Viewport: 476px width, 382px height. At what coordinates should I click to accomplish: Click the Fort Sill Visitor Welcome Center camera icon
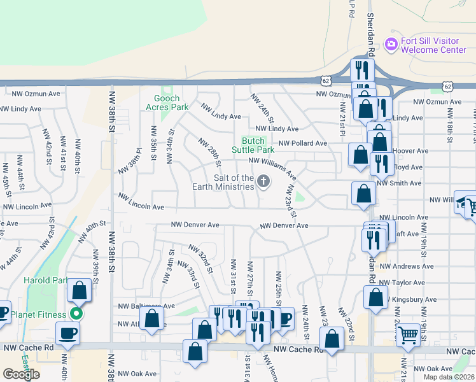pyautogui.click(x=391, y=45)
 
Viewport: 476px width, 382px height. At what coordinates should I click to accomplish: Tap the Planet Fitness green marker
pyautogui.click(x=76, y=314)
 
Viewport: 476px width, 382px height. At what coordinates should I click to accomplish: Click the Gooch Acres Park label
pyautogui.click(x=171, y=103)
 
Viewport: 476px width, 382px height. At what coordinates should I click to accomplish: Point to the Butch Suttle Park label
pyautogui.click(x=258, y=145)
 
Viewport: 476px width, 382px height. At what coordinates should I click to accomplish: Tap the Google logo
pyautogui.click(x=21, y=374)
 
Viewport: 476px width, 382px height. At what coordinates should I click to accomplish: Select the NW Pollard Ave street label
pyautogui.click(x=302, y=143)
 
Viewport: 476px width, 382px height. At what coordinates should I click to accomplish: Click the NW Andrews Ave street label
pyautogui.click(x=407, y=267)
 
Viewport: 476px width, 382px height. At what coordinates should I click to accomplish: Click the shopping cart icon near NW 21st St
pyautogui.click(x=408, y=334)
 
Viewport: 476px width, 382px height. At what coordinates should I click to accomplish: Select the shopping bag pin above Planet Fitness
pyautogui.click(x=80, y=290)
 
